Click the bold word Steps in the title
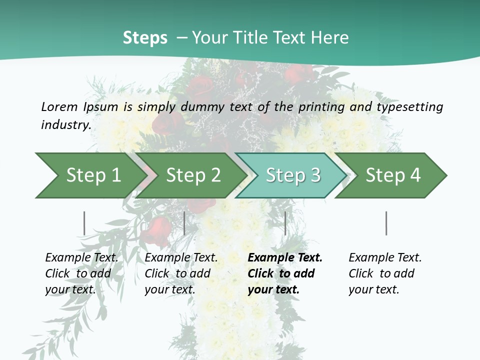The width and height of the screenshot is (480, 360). click(145, 38)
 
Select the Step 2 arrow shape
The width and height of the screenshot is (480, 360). click(190, 175)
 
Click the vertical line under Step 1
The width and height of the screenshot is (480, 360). click(84, 223)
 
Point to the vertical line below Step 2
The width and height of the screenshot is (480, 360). click(184, 223)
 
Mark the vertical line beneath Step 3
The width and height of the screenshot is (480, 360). click(285, 223)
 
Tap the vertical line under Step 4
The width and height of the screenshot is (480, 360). click(386, 223)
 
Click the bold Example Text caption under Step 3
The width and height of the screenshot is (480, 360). click(285, 273)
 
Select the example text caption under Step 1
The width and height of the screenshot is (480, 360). click(81, 273)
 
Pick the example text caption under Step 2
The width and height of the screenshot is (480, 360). click(181, 273)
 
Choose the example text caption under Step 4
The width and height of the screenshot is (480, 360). click(385, 273)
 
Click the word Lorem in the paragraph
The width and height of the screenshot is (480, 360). click(59, 106)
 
